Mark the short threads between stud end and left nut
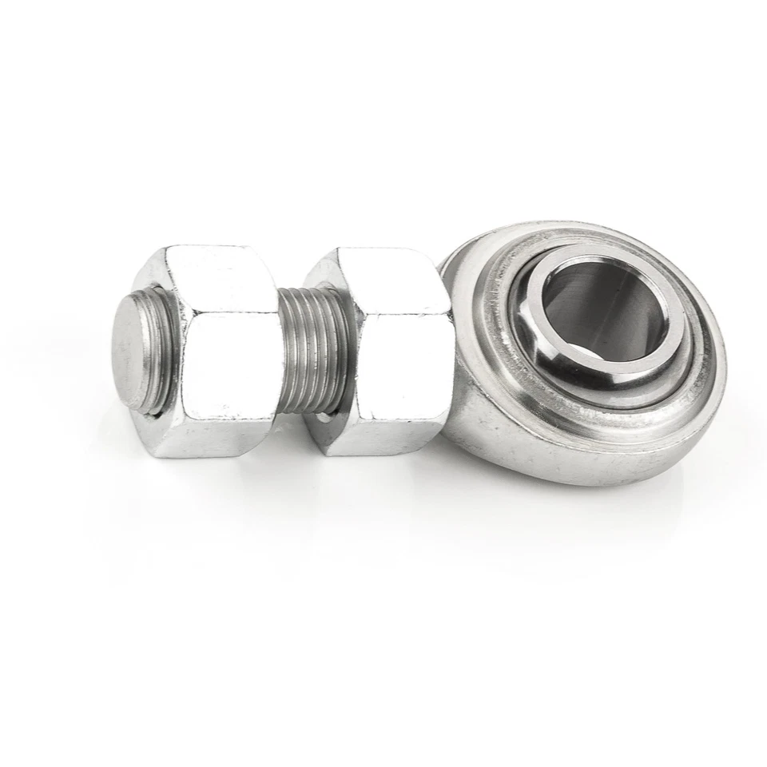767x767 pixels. click(160, 352)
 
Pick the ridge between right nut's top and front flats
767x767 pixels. click(399, 312)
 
